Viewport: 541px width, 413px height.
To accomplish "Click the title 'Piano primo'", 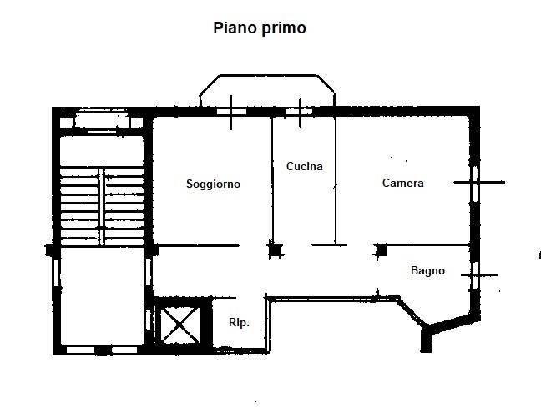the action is (x=260, y=28).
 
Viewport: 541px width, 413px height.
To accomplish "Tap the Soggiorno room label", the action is (x=213, y=184).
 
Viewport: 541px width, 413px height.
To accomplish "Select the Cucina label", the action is (x=305, y=166).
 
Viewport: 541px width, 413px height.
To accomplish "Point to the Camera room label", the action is (x=403, y=183).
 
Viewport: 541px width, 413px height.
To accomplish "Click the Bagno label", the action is (x=427, y=270).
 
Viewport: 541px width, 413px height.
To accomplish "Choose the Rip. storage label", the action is (x=239, y=322).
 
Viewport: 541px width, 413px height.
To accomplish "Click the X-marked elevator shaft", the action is (x=179, y=325).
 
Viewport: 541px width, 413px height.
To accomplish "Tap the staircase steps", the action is (x=102, y=206).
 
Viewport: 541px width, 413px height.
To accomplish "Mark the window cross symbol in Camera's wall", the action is (x=479, y=182).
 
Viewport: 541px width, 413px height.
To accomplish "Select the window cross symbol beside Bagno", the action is (x=478, y=275).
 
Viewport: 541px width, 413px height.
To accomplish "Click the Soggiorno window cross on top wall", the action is (x=231, y=112).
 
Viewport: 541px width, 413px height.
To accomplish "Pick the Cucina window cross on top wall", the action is (x=300, y=112).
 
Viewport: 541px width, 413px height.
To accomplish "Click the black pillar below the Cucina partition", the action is (x=276, y=250).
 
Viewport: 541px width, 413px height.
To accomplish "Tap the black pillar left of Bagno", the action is (x=382, y=250).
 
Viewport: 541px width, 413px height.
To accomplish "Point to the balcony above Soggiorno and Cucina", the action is (x=267, y=90).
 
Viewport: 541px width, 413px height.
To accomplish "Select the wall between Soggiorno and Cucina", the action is (x=272, y=180).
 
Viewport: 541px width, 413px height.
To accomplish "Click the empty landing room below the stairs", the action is (x=102, y=296).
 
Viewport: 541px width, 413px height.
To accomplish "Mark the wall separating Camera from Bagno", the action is (x=427, y=245).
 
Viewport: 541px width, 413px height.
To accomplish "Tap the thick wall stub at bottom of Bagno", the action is (x=427, y=340).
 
